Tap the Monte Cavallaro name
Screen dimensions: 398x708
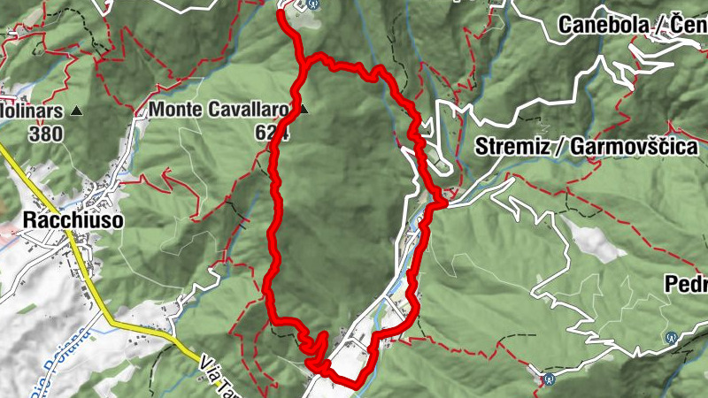click(x=219, y=111)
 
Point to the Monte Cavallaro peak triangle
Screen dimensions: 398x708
click(x=304, y=111)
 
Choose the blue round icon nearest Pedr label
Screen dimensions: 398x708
click(x=671, y=337)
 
